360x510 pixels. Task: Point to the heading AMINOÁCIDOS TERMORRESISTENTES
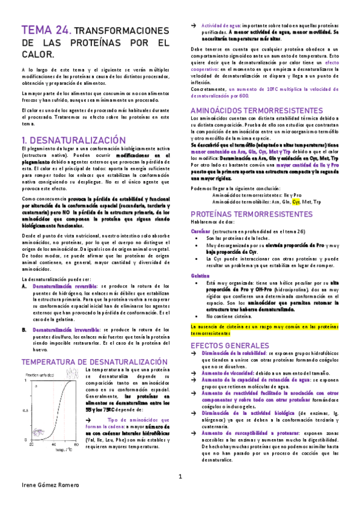[257, 111]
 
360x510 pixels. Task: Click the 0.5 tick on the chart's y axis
[25, 410]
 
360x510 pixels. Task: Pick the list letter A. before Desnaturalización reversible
[24, 286]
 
